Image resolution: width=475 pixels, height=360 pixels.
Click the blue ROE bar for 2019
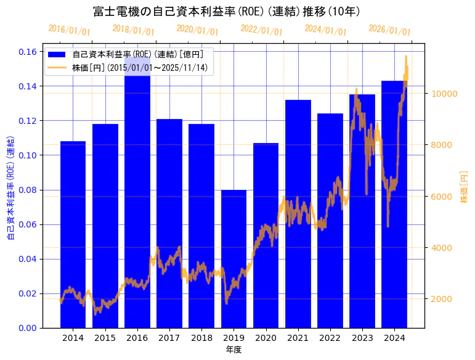233,259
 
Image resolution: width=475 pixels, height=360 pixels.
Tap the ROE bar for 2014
73,234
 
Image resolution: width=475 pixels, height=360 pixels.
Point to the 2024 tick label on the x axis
394,338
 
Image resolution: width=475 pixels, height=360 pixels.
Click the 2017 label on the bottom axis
169,338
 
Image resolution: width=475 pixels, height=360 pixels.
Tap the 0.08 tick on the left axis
28,190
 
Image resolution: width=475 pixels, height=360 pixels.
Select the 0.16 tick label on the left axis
28,52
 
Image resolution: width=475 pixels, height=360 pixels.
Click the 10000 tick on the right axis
442,94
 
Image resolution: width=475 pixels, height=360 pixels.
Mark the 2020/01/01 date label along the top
197,29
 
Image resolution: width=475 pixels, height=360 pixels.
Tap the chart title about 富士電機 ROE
226,12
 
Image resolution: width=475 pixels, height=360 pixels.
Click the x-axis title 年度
233,350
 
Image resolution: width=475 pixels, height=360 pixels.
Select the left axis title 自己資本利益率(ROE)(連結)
10,186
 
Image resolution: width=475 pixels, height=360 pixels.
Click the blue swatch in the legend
57,54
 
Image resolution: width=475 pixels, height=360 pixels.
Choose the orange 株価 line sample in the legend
57,68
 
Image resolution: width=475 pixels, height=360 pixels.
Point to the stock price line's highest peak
406,56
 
